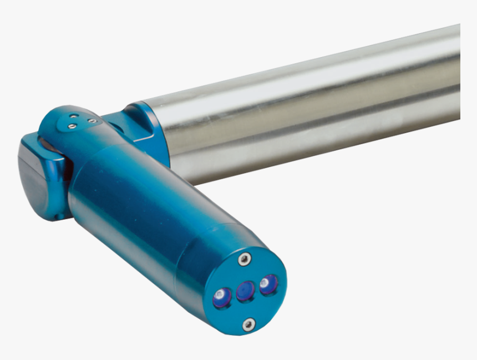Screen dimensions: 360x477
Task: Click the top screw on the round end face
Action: click(244, 258)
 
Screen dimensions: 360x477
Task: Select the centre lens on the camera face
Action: click(245, 291)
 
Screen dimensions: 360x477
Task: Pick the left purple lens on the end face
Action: click(222, 298)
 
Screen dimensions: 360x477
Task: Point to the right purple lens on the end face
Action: click(268, 284)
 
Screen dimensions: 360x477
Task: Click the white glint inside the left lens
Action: click(220, 293)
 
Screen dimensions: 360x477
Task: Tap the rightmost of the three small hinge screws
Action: click(92, 120)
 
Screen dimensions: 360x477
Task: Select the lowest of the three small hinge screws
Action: click(72, 126)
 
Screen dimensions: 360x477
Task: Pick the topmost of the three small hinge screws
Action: click(74, 116)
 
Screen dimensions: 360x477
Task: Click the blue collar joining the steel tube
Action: click(150, 130)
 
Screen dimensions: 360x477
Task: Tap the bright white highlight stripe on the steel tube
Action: click(311, 75)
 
